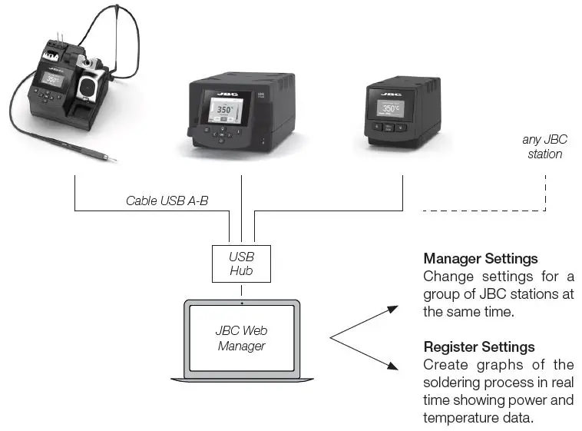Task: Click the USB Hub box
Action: [x=242, y=264]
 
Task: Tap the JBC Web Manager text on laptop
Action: [x=242, y=338]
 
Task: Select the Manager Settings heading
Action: [x=480, y=258]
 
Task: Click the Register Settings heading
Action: [x=479, y=346]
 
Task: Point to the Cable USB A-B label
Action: [x=167, y=201]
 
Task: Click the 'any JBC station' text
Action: [x=544, y=147]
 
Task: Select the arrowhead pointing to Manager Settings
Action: [x=392, y=309]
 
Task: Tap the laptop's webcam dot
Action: [x=242, y=303]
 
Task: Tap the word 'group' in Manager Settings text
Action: [x=442, y=293]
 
